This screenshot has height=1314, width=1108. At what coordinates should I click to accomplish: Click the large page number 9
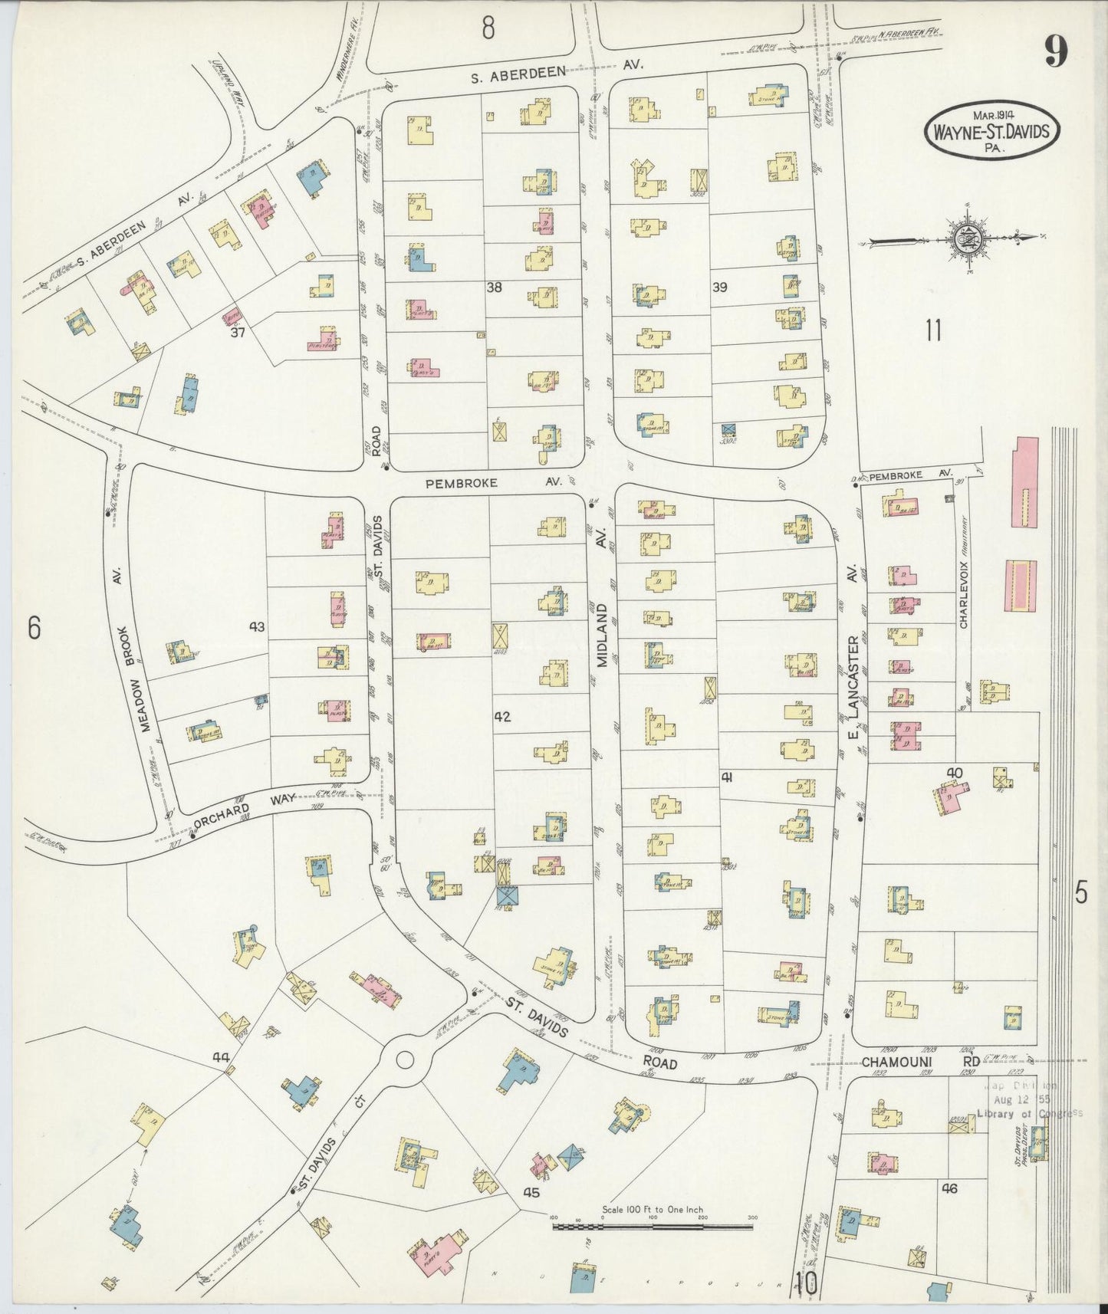[1055, 54]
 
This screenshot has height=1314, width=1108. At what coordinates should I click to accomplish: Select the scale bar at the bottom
[653, 1226]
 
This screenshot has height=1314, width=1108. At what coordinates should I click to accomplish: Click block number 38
[494, 287]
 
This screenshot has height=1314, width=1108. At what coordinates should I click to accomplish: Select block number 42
[502, 717]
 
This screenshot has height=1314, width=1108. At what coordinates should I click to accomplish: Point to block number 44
[221, 1058]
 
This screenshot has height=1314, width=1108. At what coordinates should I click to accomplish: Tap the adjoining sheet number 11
[932, 330]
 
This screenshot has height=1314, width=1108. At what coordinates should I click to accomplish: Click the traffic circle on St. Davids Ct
[405, 1060]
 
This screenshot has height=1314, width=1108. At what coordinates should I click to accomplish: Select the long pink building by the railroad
[1026, 482]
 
